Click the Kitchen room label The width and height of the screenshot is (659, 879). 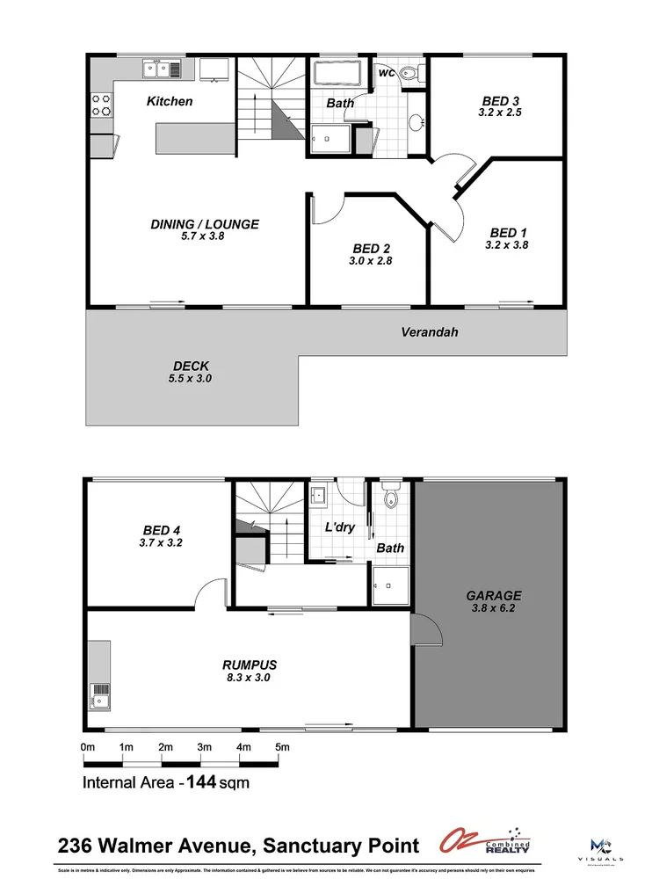click(170, 101)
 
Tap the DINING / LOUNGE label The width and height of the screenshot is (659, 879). click(205, 224)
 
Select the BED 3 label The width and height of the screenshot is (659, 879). click(500, 100)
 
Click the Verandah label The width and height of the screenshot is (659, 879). click(430, 332)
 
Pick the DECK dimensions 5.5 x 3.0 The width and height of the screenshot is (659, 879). click(191, 379)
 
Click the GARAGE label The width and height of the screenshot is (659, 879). click(493, 595)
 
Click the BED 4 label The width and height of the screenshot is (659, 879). click(162, 530)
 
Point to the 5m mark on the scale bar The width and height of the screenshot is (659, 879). click(282, 747)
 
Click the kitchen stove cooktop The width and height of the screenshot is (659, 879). click(101, 105)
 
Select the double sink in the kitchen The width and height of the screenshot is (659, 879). click(163, 68)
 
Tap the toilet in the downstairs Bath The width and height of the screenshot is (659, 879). click(391, 499)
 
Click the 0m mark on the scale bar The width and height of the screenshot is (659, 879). click(87, 747)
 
